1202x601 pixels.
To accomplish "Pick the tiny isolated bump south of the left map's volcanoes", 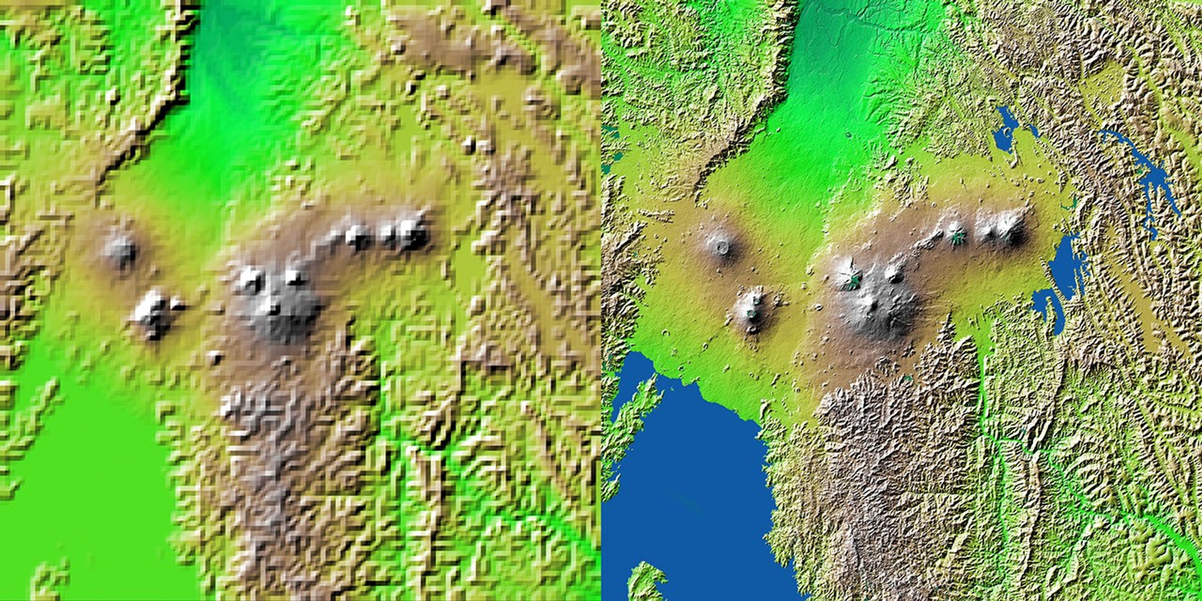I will pos(215,357).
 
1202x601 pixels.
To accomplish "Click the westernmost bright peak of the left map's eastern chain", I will pos(357,236).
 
